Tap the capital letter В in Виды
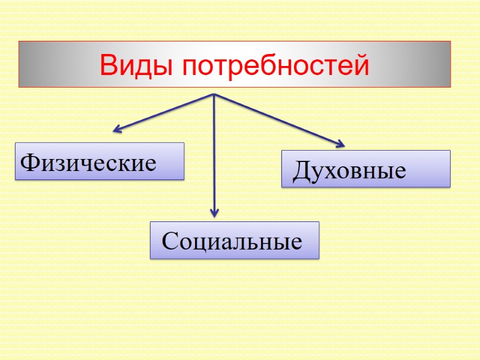[109, 65]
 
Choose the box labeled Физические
[99, 161]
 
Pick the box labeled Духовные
[365, 169]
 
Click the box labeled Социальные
[234, 240]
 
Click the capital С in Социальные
[170, 242]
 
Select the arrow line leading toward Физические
[162, 112]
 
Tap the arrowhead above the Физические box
[117, 128]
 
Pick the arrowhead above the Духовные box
[341, 144]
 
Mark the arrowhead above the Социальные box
[214, 212]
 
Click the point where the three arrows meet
[214, 94]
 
